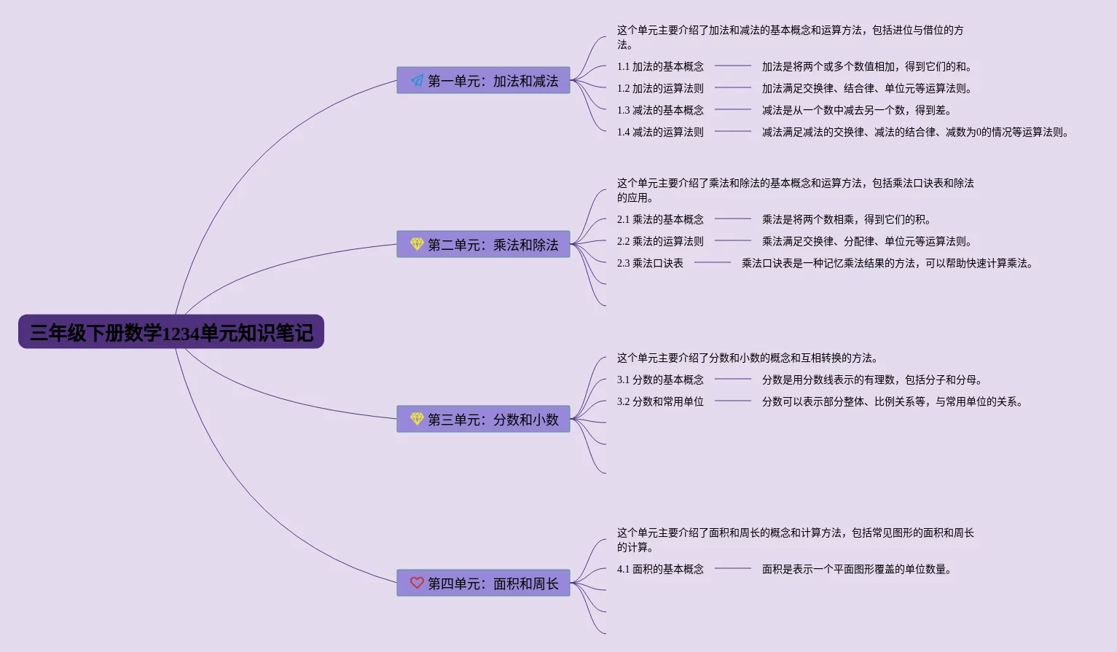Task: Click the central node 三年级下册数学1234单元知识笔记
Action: [171, 332]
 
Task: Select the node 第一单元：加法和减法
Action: [483, 81]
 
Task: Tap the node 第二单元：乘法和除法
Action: [483, 245]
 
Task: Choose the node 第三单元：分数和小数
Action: [483, 420]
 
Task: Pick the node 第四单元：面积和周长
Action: [483, 584]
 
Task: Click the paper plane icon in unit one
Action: [417, 80]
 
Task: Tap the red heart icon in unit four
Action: [417, 583]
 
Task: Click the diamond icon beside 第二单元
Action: [417, 244]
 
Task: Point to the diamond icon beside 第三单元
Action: [417, 419]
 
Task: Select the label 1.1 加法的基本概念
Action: [660, 66]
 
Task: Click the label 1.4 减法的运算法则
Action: [660, 132]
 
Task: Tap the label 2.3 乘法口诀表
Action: [650, 263]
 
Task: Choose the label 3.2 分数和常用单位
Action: [660, 401]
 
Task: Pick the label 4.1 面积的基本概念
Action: [660, 569]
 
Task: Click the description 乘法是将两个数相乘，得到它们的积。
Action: [846, 219]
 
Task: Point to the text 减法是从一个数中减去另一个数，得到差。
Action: [856, 110]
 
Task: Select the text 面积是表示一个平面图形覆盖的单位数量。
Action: [856, 569]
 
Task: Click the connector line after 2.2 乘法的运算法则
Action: [732, 240]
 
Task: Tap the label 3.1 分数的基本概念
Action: [660, 380]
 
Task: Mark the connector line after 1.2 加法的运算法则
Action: [732, 87]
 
